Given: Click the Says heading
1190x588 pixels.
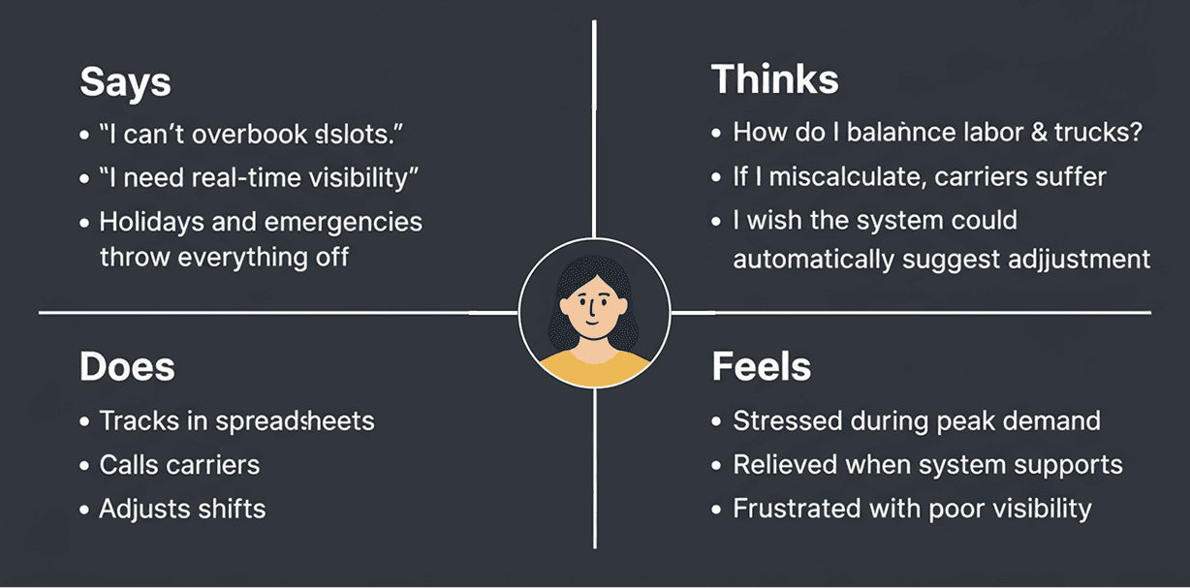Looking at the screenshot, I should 125,82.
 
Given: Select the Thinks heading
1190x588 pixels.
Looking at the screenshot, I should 774,79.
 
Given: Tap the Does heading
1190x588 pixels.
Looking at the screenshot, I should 127,367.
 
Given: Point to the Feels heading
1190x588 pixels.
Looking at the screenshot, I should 761,367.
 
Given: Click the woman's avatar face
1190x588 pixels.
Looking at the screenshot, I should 592,309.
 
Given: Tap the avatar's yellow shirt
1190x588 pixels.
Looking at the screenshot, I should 593,368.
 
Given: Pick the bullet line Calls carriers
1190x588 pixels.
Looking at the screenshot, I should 179,465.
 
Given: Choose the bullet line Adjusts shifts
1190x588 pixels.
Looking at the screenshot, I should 182,509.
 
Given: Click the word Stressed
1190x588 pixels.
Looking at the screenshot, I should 787,421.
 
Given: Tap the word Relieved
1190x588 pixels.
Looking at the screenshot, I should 785,465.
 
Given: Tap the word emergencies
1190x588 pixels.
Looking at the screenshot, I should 343,221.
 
